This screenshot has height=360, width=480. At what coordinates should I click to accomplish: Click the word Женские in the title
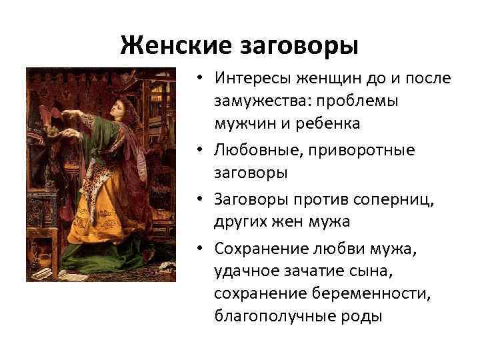[x=175, y=46]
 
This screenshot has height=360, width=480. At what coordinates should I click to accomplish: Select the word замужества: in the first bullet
[x=262, y=101]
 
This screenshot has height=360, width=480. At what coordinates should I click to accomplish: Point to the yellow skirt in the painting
[x=100, y=227]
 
